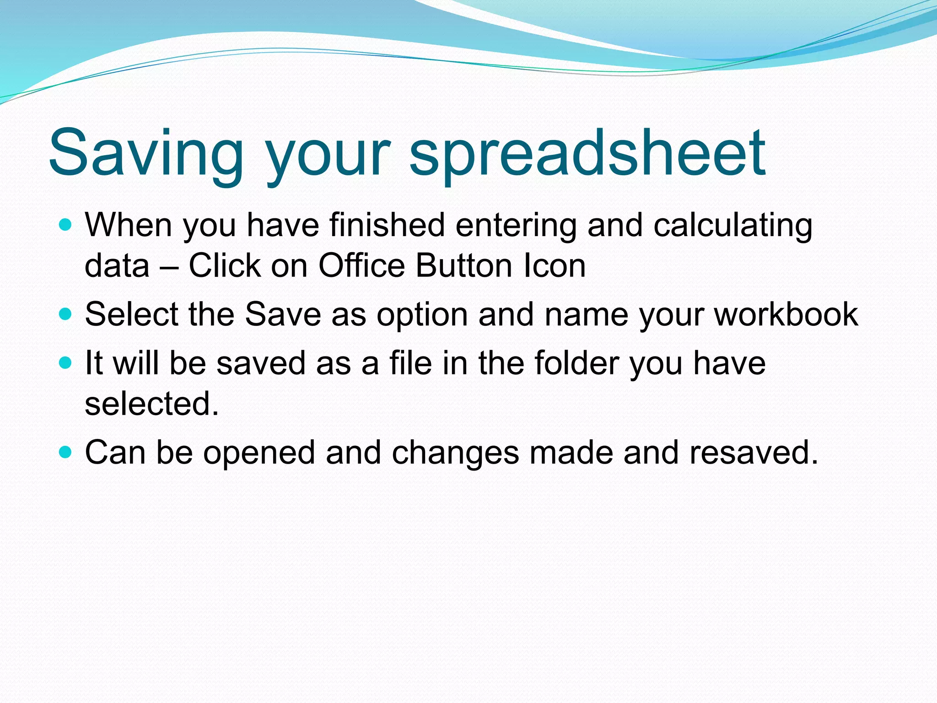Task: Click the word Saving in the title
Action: point(146,153)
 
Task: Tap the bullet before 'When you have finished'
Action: point(66,225)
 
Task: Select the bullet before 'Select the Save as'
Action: point(66,314)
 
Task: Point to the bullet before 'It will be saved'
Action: point(66,363)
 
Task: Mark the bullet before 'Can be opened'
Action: point(66,452)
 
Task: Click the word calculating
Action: point(732,226)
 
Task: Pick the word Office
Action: point(361,265)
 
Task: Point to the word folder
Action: point(576,363)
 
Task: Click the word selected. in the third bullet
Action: point(152,404)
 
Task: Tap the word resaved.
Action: point(754,452)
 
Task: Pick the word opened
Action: point(259,453)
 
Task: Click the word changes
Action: point(455,453)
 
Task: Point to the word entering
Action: point(516,226)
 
